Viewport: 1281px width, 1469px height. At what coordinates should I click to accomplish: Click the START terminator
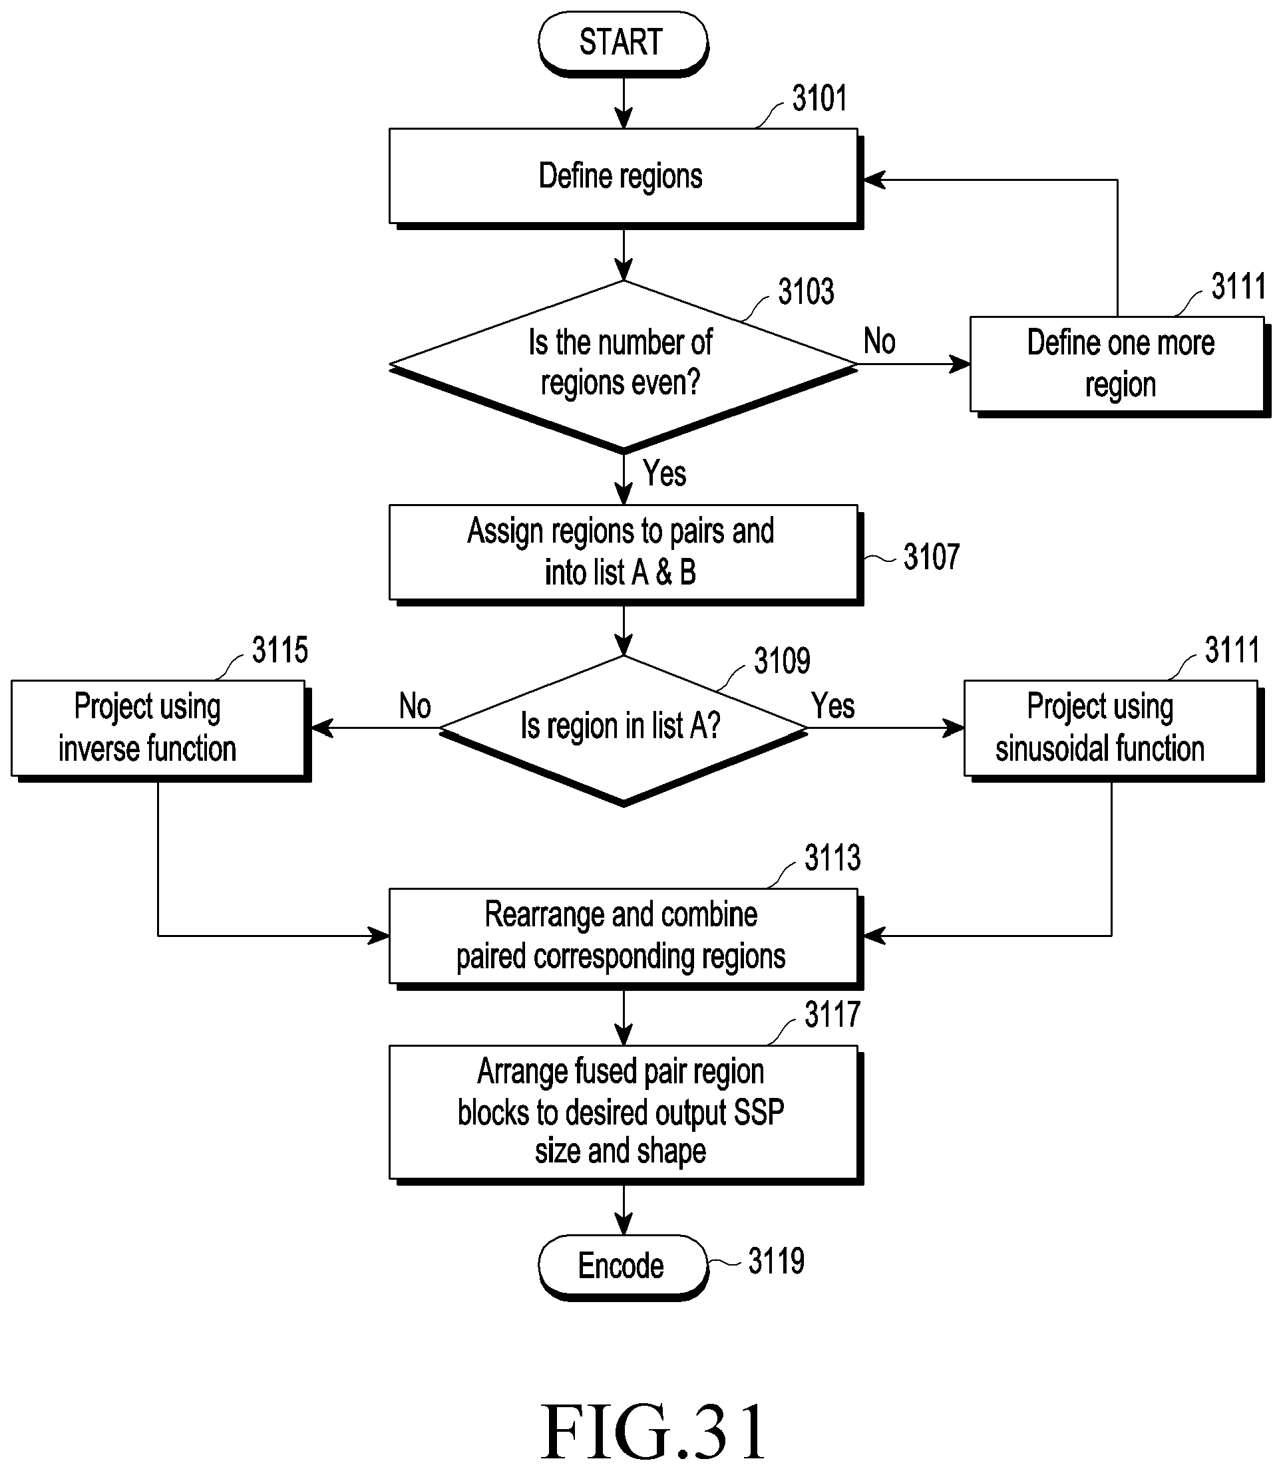[623, 43]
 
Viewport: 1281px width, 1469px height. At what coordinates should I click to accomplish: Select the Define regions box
[626, 178]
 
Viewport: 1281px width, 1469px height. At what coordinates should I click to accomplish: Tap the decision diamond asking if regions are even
[624, 366]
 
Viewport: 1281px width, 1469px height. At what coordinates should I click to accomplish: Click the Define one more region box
[1119, 366]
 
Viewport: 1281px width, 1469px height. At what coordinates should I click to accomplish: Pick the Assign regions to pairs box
[626, 555]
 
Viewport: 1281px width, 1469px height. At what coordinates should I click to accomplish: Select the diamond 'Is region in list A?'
[624, 730]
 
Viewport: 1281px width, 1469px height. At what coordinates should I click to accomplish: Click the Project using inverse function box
[161, 730]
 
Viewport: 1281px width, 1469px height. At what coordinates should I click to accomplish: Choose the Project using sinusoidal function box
[1114, 730]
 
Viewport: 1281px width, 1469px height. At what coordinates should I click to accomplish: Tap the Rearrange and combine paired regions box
[626, 938]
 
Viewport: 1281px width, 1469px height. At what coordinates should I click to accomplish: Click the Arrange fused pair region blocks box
[626, 1114]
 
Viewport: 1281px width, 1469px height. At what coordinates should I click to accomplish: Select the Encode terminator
[623, 1267]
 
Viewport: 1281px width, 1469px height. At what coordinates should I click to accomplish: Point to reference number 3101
[819, 98]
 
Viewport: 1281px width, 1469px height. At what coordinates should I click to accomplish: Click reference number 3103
[806, 291]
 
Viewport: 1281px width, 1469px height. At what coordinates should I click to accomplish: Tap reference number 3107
[931, 557]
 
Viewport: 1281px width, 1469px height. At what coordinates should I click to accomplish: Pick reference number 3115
[279, 650]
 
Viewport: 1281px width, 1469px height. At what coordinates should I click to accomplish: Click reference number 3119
[776, 1261]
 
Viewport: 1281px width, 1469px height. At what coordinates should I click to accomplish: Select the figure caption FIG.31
[653, 1432]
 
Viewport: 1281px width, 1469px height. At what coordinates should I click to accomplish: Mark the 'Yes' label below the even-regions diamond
[664, 473]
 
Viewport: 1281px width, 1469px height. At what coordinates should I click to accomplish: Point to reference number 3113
[832, 857]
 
